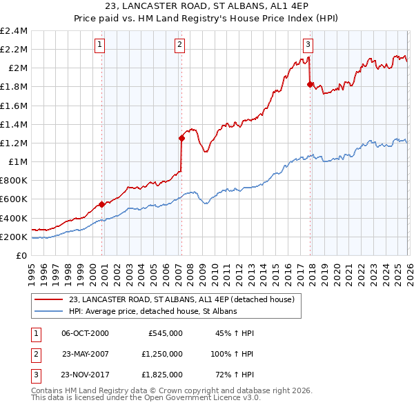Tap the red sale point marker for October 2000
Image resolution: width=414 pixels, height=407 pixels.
[101, 204]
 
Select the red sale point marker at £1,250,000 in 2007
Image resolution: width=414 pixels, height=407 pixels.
[181, 138]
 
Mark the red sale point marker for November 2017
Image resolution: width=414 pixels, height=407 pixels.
[310, 84]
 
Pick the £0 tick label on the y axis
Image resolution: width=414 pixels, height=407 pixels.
[22, 256]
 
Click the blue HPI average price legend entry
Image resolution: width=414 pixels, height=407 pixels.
[152, 311]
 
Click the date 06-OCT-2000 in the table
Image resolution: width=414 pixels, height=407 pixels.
[86, 333]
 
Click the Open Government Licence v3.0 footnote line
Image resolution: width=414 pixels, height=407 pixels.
[146, 398]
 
